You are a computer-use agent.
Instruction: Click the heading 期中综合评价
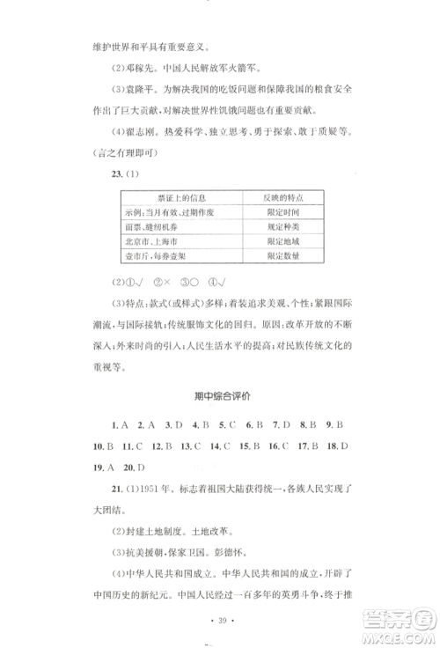pos(219,396)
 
